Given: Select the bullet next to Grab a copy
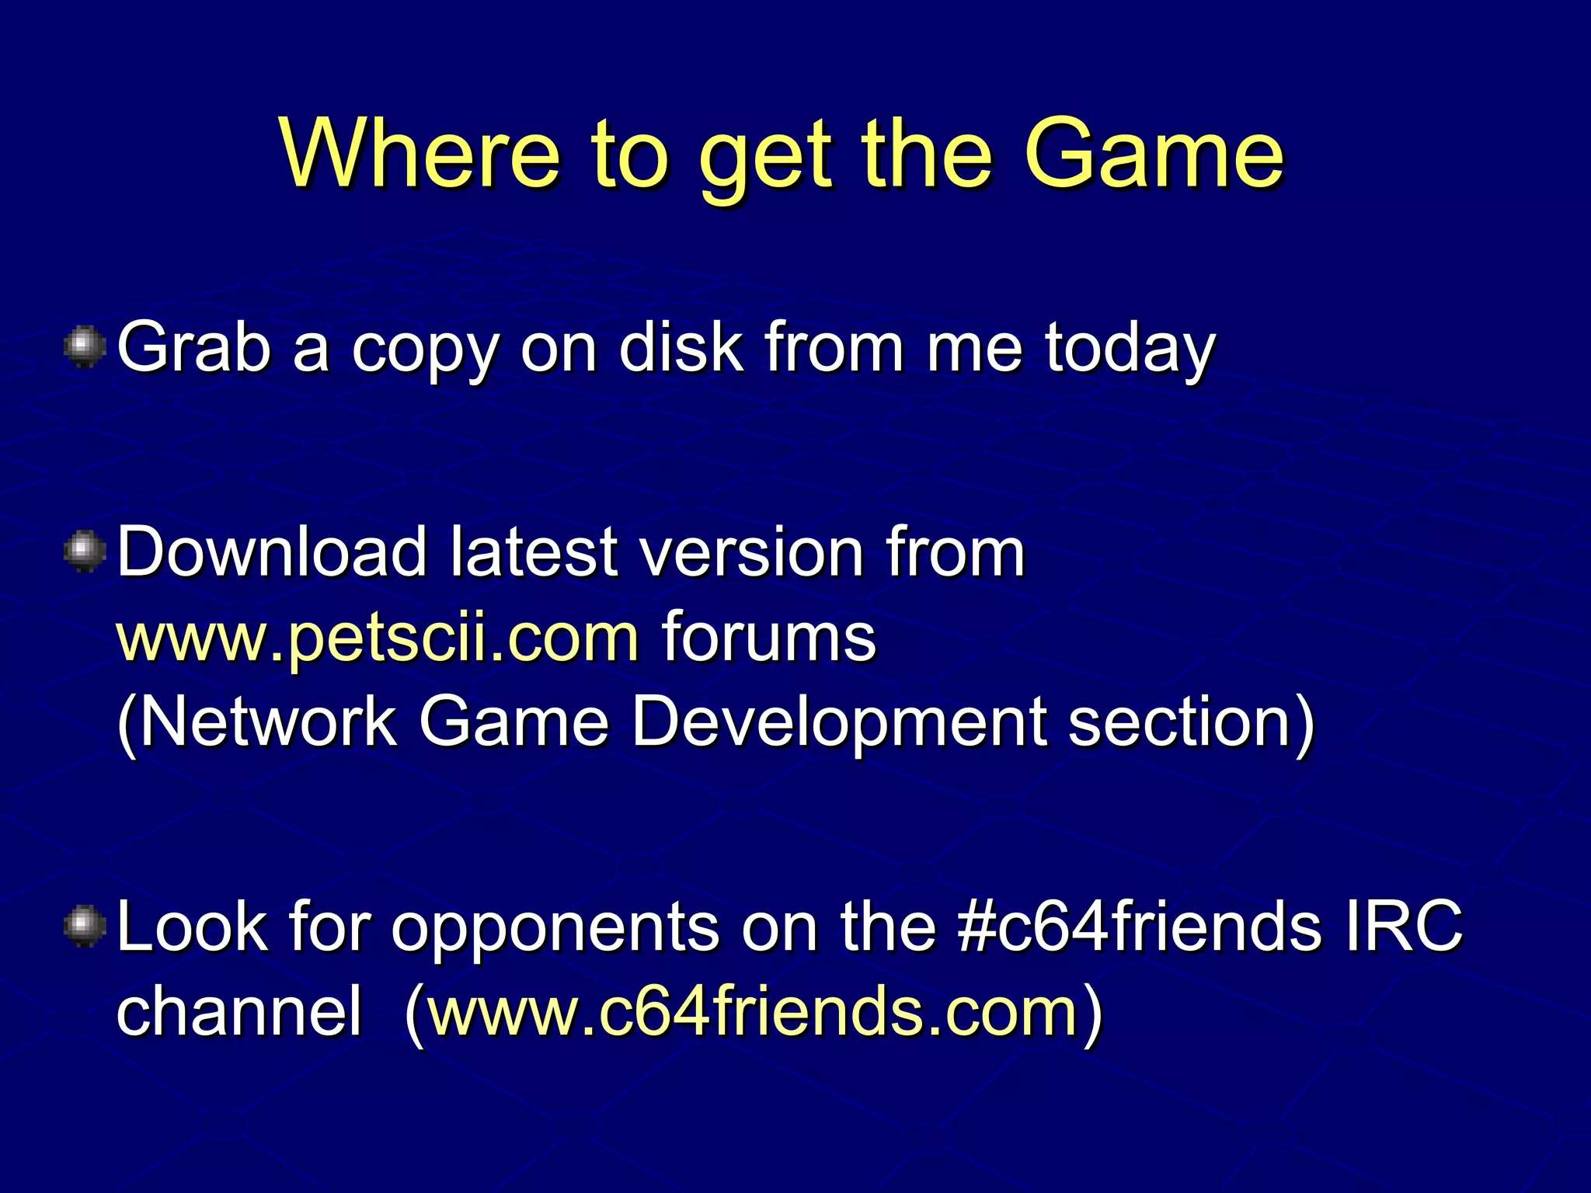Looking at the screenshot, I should pyautogui.click(x=85, y=347).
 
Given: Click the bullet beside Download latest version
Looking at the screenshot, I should pyautogui.click(x=85, y=552).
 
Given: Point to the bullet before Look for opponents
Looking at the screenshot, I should pyautogui.click(x=85, y=927).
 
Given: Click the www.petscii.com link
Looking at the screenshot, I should pyautogui.click(x=378, y=638).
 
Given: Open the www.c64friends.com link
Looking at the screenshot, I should pyautogui.click(x=753, y=1012).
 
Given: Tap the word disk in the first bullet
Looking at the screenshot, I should pyautogui.click(x=681, y=347).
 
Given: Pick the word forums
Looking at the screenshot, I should pyautogui.click(x=768, y=638).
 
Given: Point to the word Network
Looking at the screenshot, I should pyautogui.click(x=257, y=722).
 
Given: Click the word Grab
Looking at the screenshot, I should pyautogui.click(x=194, y=347).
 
